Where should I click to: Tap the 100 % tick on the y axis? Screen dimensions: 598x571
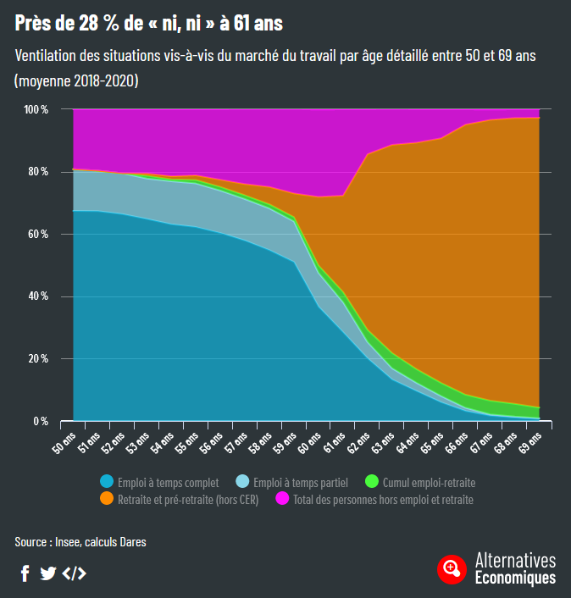[36, 109]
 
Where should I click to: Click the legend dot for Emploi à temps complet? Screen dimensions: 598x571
[107, 482]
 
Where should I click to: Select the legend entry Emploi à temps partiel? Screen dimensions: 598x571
[301, 482]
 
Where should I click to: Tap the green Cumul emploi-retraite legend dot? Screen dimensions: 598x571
[372, 482]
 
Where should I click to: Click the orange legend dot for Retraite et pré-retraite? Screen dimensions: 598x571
[107, 499]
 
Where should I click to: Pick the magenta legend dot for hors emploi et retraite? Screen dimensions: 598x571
[283, 499]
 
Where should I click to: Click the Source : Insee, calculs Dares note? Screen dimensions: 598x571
[80, 541]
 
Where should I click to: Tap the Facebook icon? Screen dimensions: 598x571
[25, 573]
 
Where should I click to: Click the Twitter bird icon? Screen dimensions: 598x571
[48, 573]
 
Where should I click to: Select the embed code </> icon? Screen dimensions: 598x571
[75, 573]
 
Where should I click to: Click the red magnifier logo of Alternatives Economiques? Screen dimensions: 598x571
[452, 568]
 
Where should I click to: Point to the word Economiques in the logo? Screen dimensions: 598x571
[515, 578]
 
